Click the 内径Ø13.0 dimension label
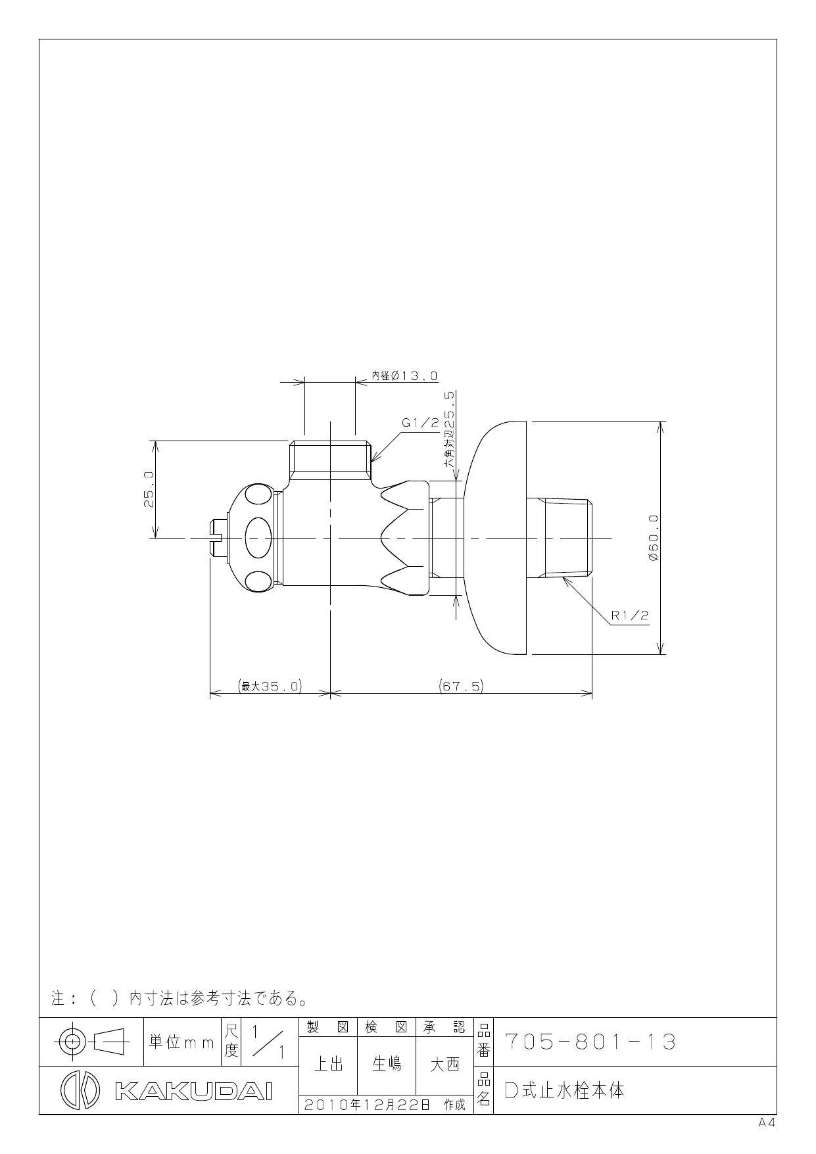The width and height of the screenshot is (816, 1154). tap(405, 375)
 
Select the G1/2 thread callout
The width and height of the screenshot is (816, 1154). tap(420, 423)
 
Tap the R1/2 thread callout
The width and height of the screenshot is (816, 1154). tap(630, 615)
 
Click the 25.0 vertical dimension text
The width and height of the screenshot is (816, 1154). tap(149, 489)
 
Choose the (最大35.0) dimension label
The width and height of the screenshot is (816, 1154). tap(270, 686)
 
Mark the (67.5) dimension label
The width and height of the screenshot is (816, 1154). tap(461, 686)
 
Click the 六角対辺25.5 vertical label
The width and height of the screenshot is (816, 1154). tap(449, 429)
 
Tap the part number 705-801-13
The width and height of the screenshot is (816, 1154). tap(590, 1042)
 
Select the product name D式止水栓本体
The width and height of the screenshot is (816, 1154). tap(564, 1090)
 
